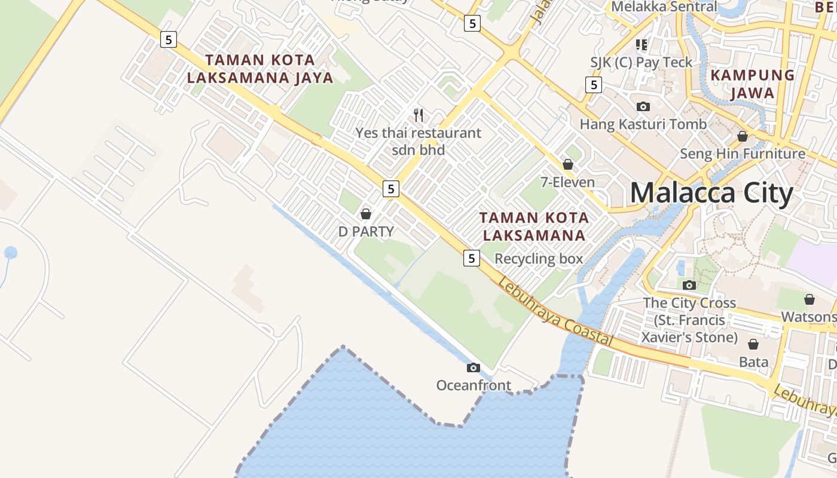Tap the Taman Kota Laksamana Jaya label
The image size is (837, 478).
(260, 69)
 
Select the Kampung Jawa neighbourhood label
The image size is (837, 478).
(752, 84)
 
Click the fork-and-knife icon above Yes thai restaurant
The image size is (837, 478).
(418, 115)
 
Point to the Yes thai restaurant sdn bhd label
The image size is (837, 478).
(418, 141)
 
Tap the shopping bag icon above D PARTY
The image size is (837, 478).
(366, 214)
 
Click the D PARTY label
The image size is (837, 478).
(366, 232)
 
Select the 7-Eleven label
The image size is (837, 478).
(567, 182)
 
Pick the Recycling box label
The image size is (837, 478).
(539, 259)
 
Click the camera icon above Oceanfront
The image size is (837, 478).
(474, 367)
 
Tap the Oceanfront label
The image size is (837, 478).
(474, 385)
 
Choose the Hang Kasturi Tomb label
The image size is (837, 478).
(643, 124)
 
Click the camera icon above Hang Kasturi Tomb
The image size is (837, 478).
(643, 107)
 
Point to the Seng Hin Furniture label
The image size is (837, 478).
(743, 154)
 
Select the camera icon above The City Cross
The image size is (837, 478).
(689, 285)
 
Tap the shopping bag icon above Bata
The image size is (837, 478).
(753, 344)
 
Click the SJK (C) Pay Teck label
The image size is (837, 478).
(641, 62)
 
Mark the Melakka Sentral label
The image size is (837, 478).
(664, 7)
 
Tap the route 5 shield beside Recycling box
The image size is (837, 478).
(472, 258)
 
